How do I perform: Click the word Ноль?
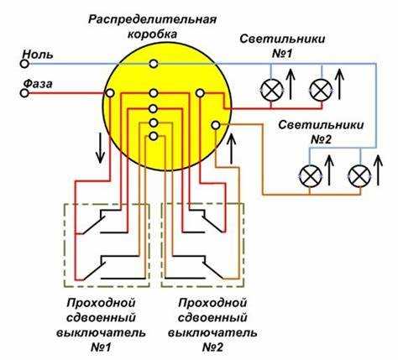tap(39, 54)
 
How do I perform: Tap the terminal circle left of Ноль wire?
tap(24, 63)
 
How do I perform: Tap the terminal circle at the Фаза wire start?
tap(24, 92)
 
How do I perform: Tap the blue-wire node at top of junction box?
tap(153, 64)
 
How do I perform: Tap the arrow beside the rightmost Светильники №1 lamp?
tap(340, 84)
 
